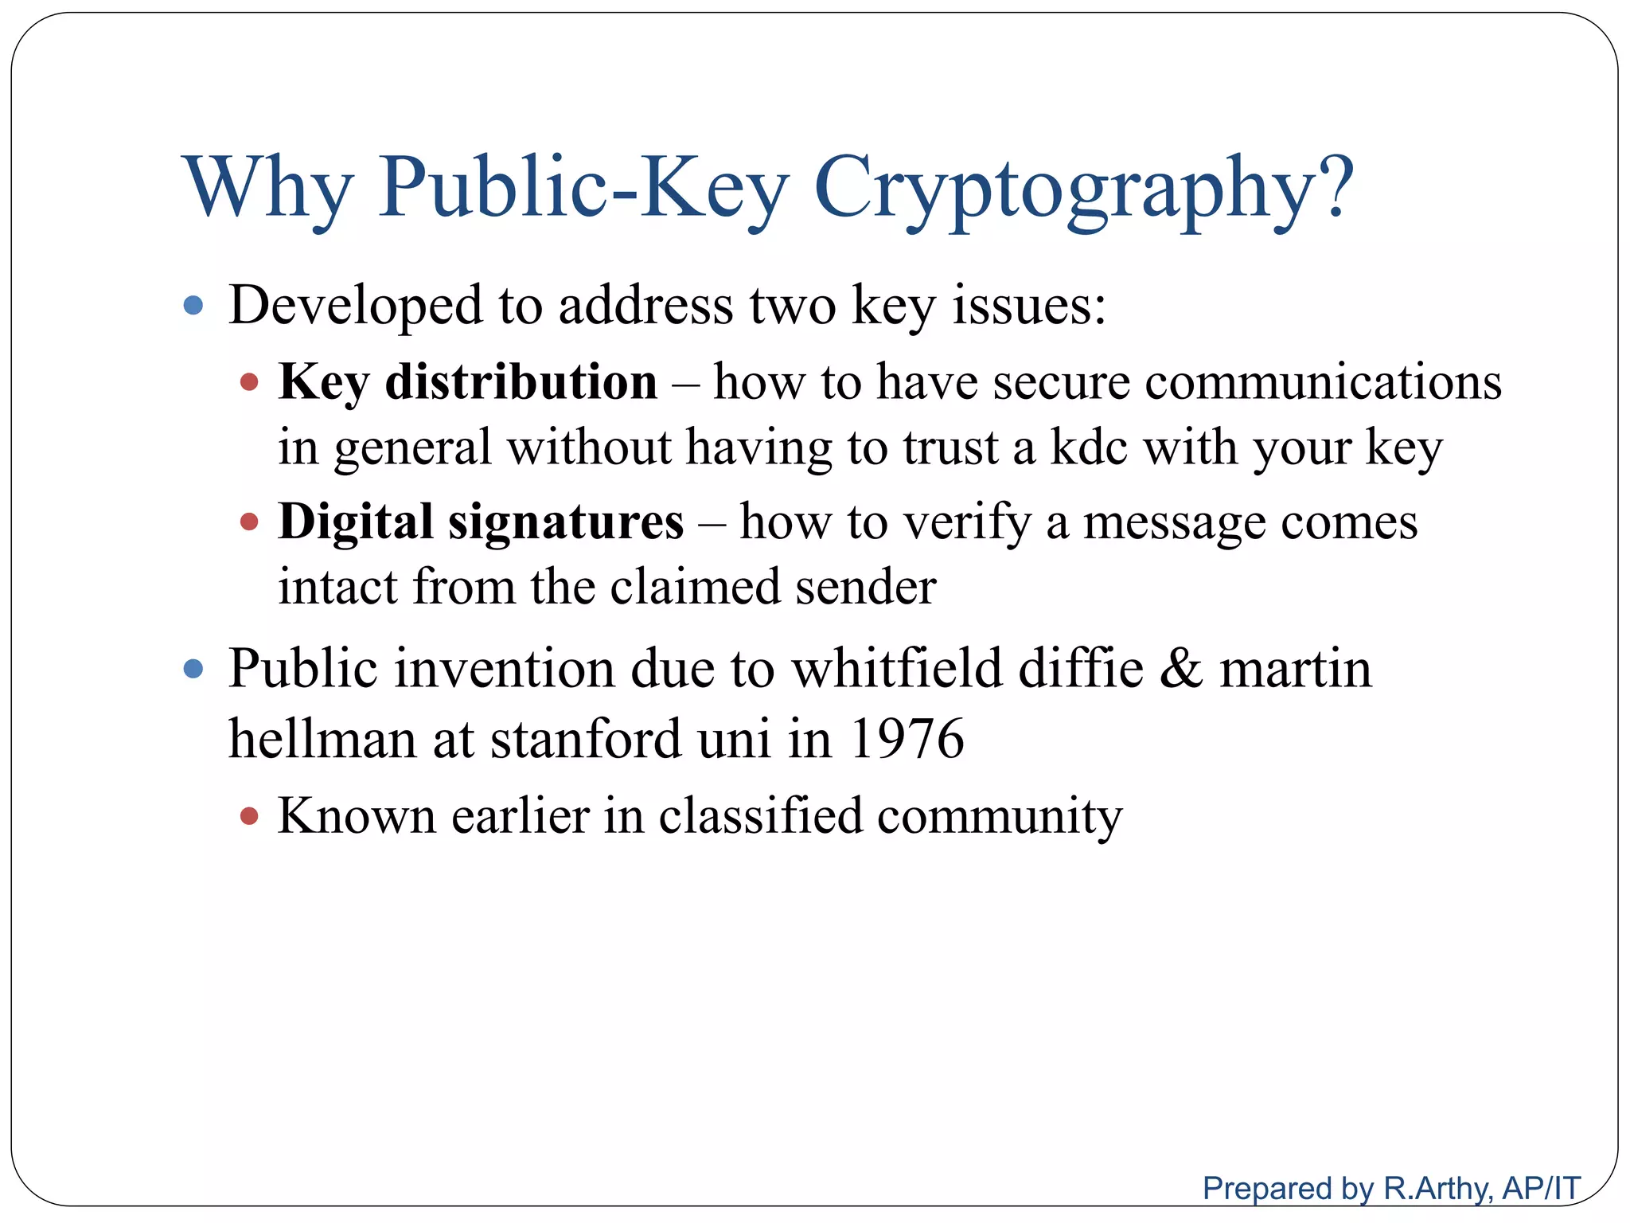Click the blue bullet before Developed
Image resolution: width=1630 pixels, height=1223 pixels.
tap(193, 306)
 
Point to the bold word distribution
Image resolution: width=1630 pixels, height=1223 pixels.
tap(521, 382)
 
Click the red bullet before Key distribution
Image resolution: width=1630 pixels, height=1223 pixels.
tap(249, 382)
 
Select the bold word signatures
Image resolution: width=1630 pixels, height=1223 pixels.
tap(565, 522)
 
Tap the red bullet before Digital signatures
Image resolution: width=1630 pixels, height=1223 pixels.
tap(249, 522)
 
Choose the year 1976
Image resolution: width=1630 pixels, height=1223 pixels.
tap(907, 739)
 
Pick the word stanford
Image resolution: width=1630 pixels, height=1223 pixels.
tap(585, 739)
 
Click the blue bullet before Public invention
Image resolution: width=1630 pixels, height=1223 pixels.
tap(193, 668)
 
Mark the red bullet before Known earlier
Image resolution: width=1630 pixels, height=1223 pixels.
tap(249, 816)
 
